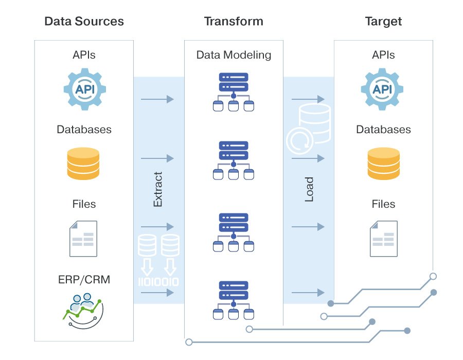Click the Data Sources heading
[x=84, y=22]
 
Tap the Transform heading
[x=234, y=22]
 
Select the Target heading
[x=383, y=22]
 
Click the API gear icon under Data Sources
[x=84, y=89]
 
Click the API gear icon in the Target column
[x=383, y=89]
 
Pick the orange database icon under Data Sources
[x=84, y=163]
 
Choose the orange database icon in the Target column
[x=383, y=163]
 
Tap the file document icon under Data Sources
[x=84, y=238]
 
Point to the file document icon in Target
[x=383, y=238]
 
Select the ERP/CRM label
[x=84, y=280]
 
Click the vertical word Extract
[x=158, y=189]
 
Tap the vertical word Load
[x=309, y=189]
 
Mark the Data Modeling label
[x=234, y=55]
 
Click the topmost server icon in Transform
[x=234, y=92]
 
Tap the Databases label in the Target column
[x=383, y=129]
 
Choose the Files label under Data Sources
[x=84, y=204]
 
